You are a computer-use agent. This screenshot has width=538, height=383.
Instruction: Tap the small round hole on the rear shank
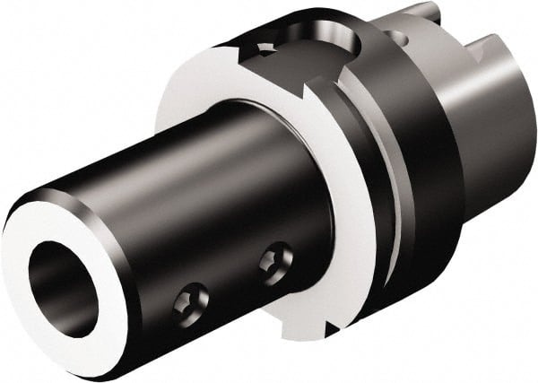pyautogui.click(x=394, y=37)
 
